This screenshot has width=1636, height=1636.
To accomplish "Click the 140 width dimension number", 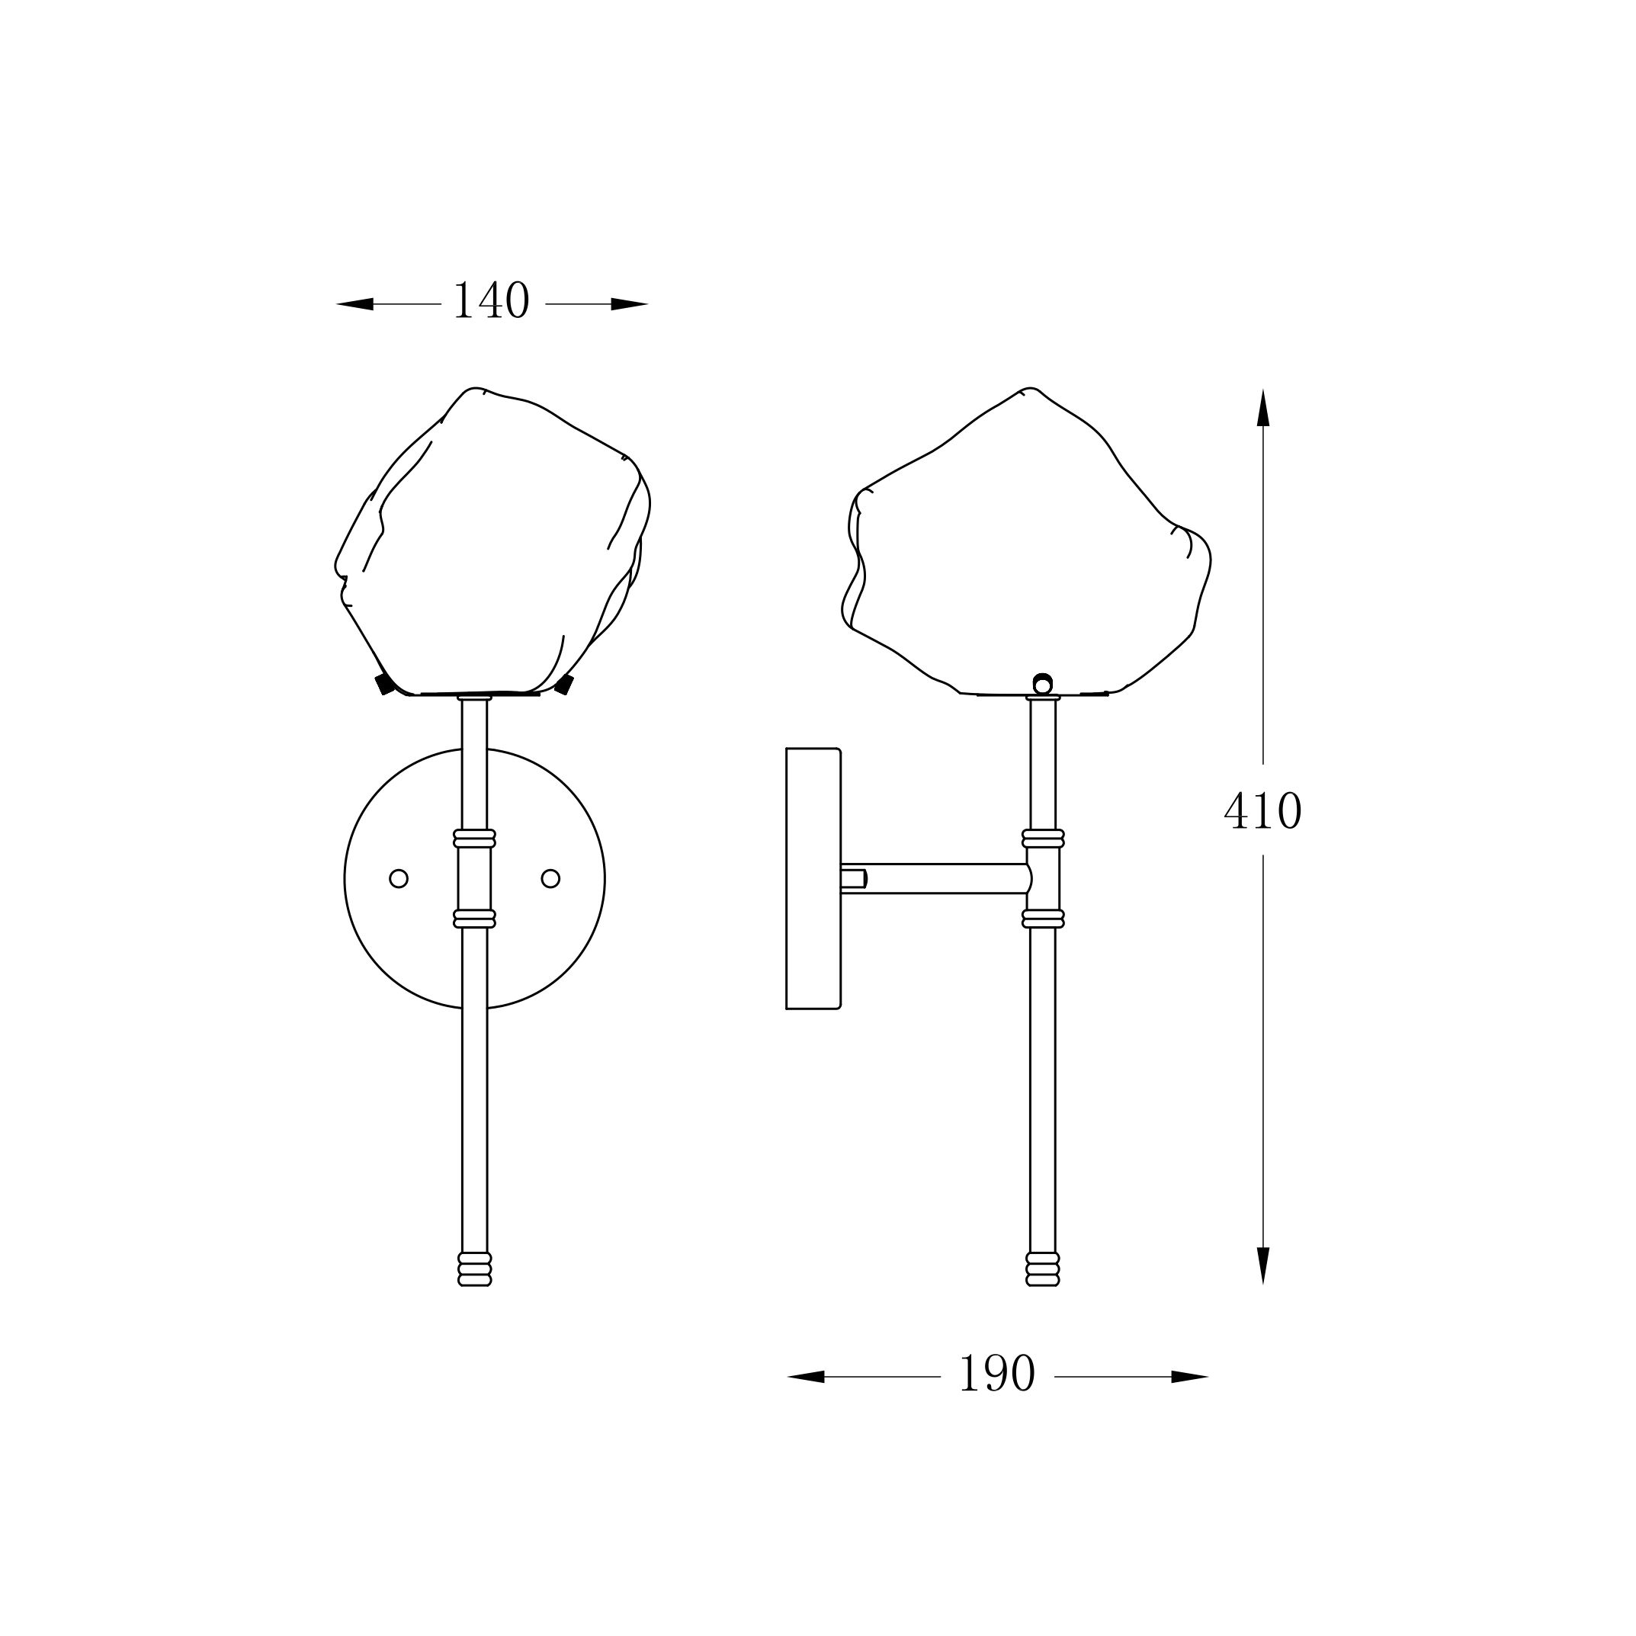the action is point(491,301).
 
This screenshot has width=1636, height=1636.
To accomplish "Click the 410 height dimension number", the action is point(1262,810).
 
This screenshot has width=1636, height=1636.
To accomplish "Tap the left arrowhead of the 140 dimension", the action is point(354,304).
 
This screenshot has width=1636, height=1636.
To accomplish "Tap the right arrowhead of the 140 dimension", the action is point(629,304).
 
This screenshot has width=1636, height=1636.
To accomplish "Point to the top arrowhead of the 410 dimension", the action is point(1263,408).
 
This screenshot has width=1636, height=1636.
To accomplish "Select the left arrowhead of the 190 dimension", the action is point(806,1377).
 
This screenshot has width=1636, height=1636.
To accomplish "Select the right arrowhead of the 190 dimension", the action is point(1189,1377).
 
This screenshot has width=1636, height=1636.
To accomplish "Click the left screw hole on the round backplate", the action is point(399,878).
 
